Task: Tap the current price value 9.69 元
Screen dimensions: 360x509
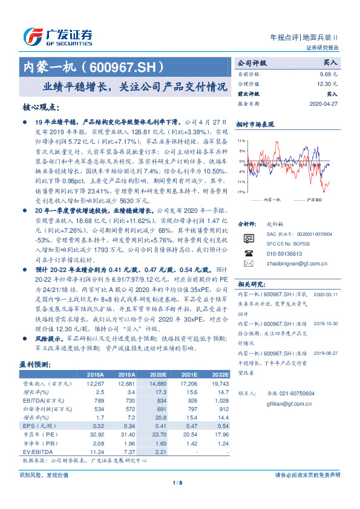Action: click(x=329, y=73)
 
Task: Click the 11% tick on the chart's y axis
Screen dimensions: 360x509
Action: click(x=241, y=140)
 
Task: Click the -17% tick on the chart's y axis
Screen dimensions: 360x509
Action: click(x=241, y=192)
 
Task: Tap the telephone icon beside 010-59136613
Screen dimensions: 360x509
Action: click(x=247, y=236)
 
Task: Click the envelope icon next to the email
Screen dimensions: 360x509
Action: click(x=247, y=247)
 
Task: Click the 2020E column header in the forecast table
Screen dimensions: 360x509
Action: click(x=157, y=375)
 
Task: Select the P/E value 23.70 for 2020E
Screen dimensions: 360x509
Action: click(x=157, y=434)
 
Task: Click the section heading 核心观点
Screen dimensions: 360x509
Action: click(x=41, y=107)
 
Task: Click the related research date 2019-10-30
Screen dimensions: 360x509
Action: click(x=327, y=324)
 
